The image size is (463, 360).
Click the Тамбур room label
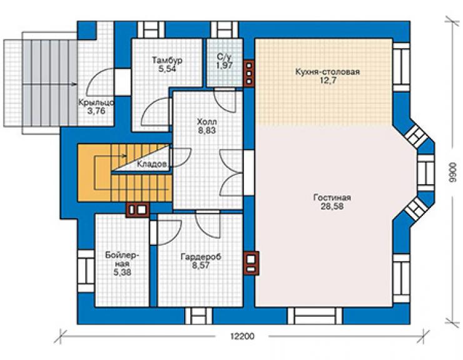click(x=167, y=60)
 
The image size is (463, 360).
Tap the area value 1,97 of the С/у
click(x=225, y=66)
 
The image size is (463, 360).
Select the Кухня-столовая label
click(x=327, y=72)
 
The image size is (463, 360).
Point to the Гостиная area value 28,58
click(x=332, y=207)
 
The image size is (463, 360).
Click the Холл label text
click(x=207, y=121)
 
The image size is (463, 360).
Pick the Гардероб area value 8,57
click(x=201, y=265)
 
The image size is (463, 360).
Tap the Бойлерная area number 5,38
click(x=122, y=272)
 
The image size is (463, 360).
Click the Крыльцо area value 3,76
click(x=96, y=111)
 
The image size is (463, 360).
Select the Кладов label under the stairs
click(x=152, y=164)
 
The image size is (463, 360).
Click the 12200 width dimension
click(x=242, y=336)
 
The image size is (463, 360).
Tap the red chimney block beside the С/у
click(x=249, y=73)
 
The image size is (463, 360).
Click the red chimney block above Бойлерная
click(x=138, y=210)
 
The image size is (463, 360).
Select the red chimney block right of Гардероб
click(x=252, y=263)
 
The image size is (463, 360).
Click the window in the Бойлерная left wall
click(x=86, y=271)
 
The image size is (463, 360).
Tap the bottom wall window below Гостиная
click(x=315, y=316)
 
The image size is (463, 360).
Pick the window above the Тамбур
click(x=151, y=30)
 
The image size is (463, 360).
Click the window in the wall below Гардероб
click(x=199, y=316)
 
